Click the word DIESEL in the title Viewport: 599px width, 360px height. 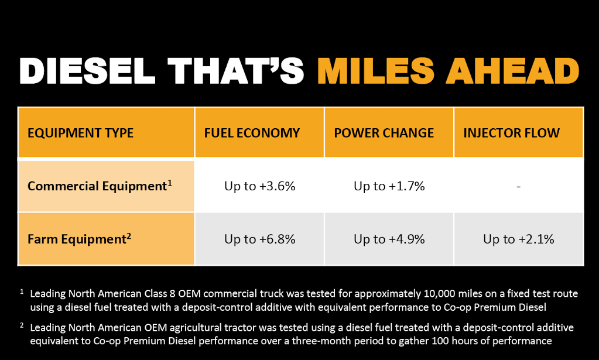coord(87,71)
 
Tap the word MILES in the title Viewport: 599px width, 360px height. coord(375,71)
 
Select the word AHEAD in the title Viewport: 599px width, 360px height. coord(513,71)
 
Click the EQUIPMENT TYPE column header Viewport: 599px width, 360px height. coord(81,133)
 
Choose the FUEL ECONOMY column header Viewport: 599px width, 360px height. coord(252,133)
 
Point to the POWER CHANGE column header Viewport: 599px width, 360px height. coord(384,133)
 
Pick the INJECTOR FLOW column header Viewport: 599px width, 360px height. coord(512,133)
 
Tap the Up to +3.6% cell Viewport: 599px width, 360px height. coord(260,186)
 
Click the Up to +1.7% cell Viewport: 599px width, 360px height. coord(389,186)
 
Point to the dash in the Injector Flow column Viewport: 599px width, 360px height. coord(518,187)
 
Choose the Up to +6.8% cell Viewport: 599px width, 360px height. coord(260,239)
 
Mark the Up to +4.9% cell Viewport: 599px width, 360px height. coord(389,239)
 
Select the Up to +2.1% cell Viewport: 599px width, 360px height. coord(519,239)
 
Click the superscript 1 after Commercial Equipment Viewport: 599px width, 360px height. coord(170,183)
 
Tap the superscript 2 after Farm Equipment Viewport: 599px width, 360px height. coord(129,236)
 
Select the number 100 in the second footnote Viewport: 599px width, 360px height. coord(440,341)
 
